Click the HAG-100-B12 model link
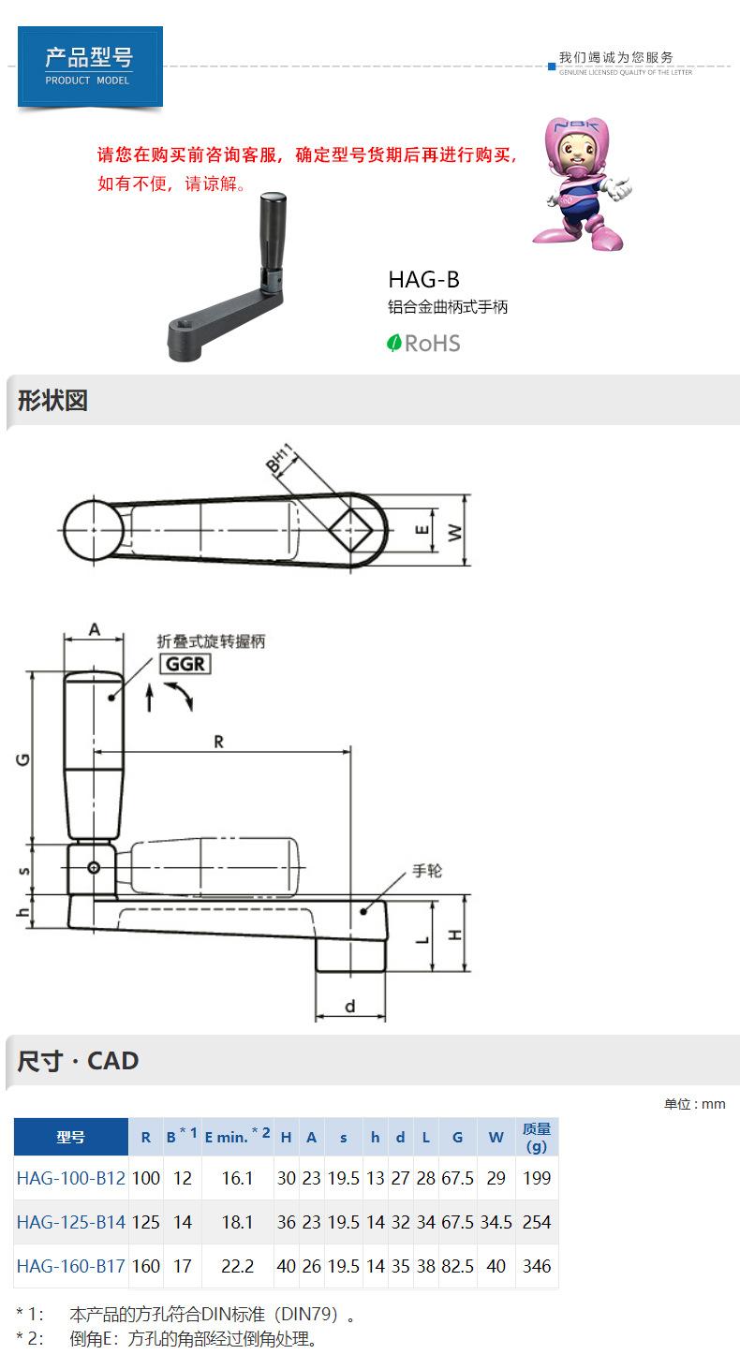click(71, 1178)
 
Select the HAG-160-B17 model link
click(71, 1266)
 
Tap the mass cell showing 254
click(537, 1222)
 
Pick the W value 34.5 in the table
click(496, 1222)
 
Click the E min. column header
click(237, 1137)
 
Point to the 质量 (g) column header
click(537, 1137)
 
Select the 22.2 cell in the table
click(237, 1266)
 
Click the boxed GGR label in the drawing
click(185, 664)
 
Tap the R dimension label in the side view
click(219, 742)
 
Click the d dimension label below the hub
click(349, 1006)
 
